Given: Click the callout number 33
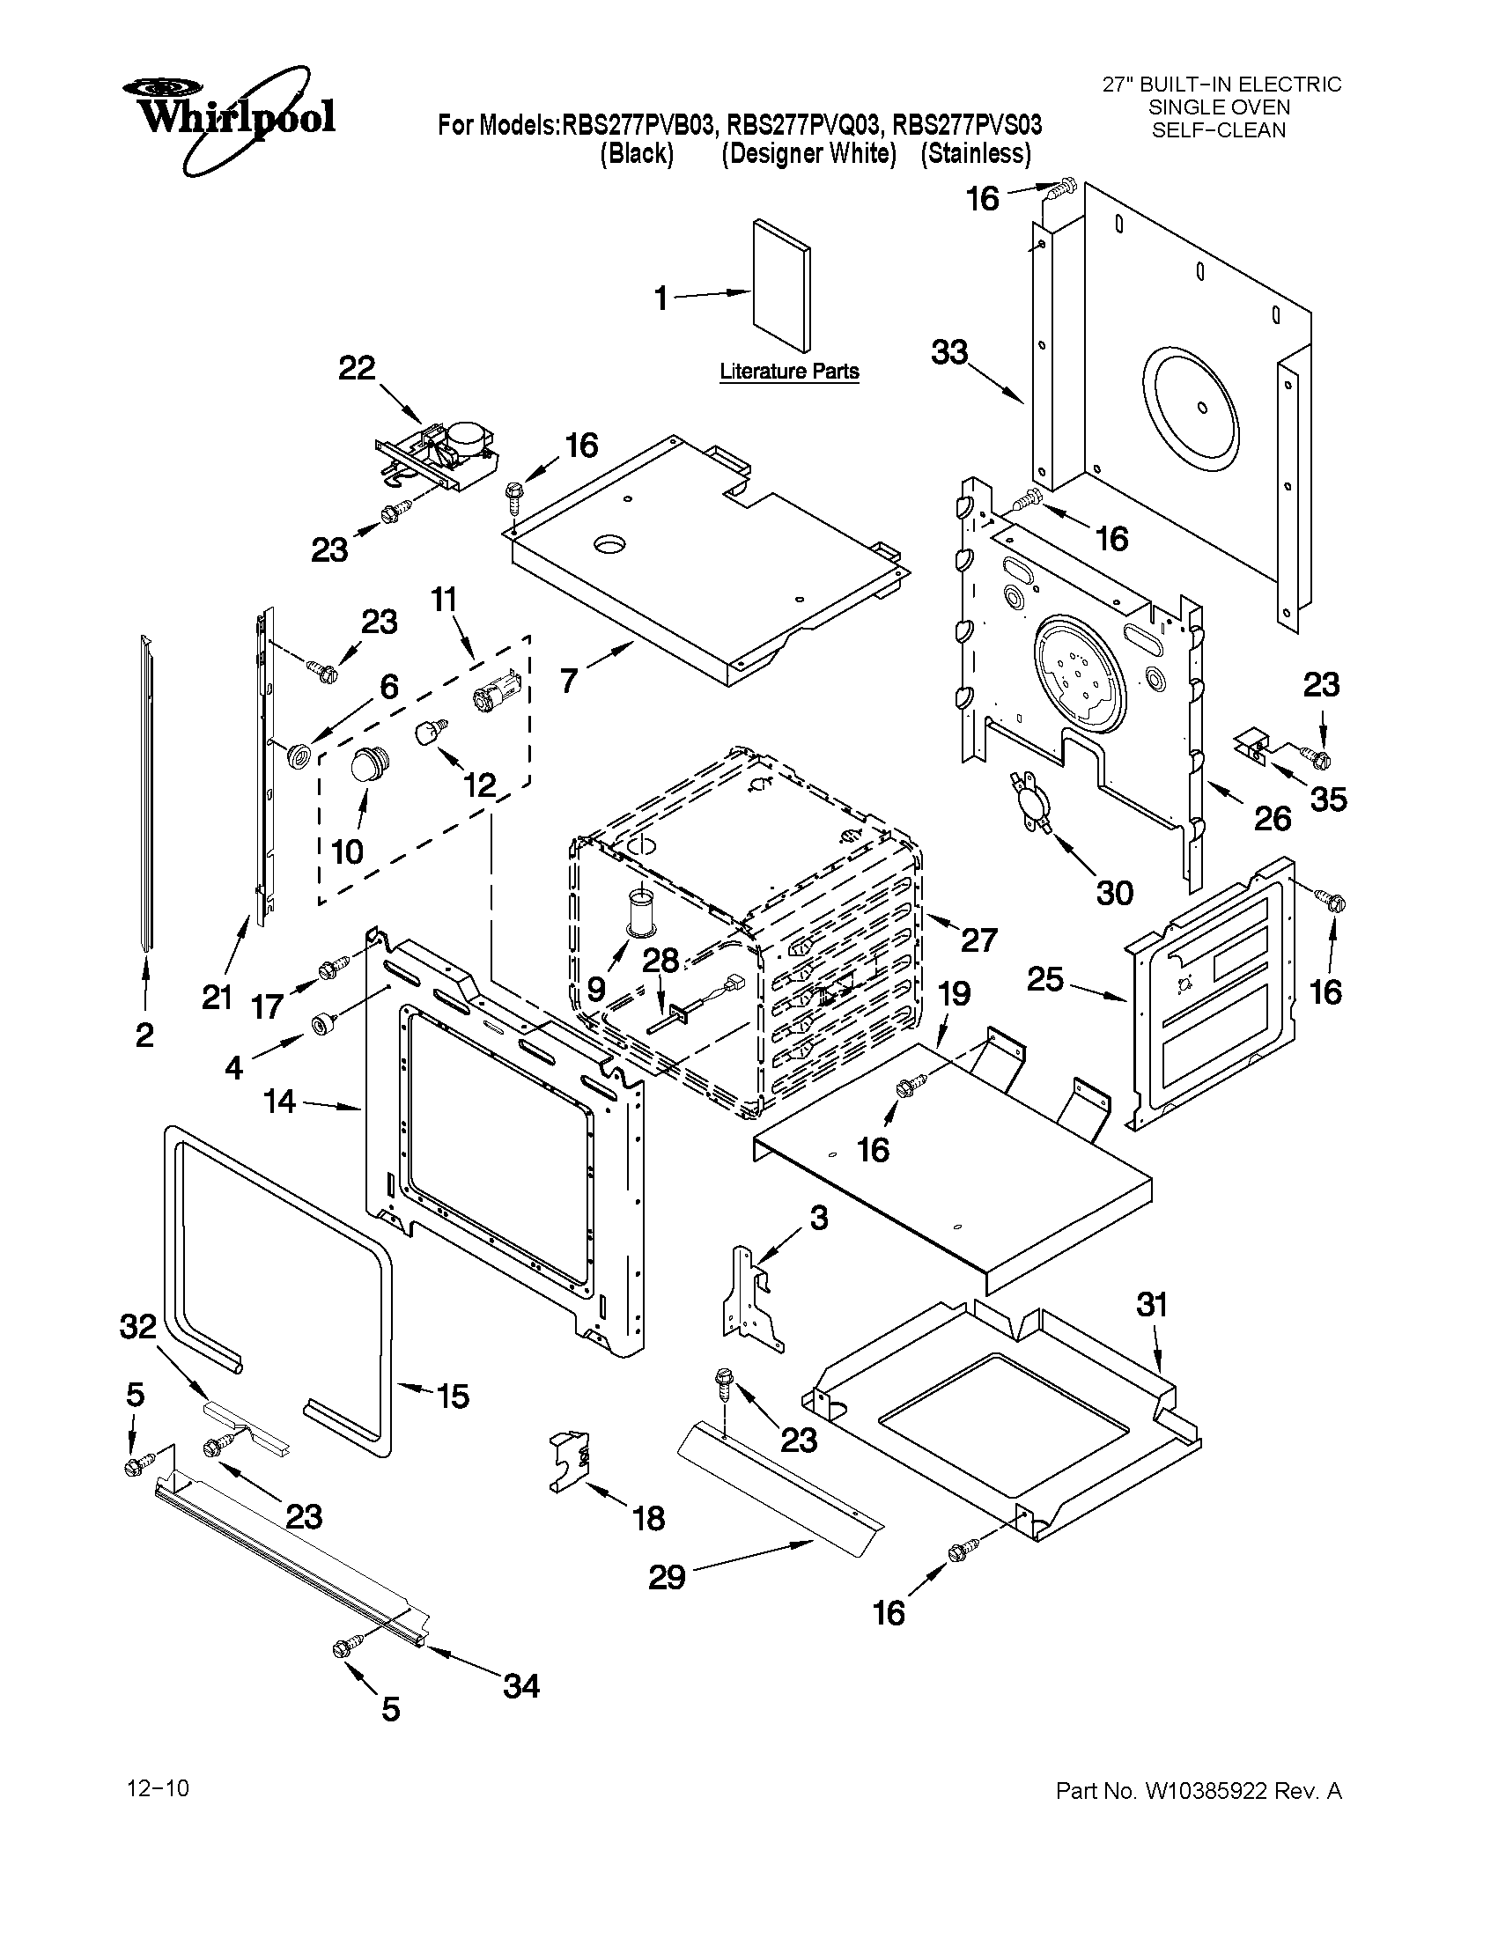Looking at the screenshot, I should [949, 353].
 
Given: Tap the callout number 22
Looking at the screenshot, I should [357, 369].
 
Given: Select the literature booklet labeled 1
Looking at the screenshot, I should [780, 286].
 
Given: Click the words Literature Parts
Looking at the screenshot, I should [789, 372].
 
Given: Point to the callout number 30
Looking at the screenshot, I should [1115, 893].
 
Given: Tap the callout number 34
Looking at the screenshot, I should [521, 1686].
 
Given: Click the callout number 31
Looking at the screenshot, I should [1152, 1304].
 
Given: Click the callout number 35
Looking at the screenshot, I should [1329, 800].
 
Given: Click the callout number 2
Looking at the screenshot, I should [144, 1035].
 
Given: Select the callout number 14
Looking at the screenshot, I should [279, 1102].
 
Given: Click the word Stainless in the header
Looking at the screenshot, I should [975, 154].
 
